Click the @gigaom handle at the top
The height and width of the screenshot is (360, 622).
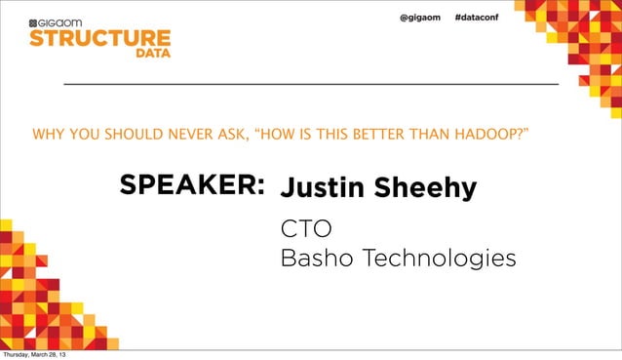421,20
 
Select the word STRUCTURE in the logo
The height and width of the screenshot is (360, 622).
99,39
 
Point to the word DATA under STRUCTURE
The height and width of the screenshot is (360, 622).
152,55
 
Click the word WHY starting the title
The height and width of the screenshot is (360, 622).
47,132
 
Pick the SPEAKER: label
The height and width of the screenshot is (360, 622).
192,186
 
